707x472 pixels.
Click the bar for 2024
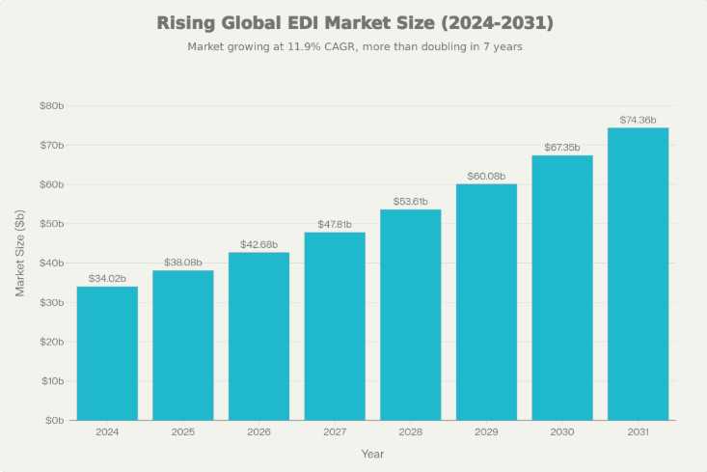point(107,353)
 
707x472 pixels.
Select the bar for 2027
point(335,326)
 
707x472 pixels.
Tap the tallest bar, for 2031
point(638,274)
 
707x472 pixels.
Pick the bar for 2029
point(486,302)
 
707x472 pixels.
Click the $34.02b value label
point(107,278)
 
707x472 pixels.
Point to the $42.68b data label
point(258,244)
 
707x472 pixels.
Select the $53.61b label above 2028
point(410,201)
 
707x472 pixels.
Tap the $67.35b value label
point(561,147)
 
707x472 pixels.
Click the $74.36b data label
point(638,120)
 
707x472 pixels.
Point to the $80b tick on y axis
point(51,106)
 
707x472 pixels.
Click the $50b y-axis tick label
point(51,224)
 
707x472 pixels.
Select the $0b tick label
point(53,421)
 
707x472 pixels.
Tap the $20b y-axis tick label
point(51,342)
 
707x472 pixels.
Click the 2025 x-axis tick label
point(183,432)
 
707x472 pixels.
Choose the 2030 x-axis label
point(561,432)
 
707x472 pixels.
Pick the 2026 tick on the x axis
point(258,432)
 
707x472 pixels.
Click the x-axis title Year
point(372,454)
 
